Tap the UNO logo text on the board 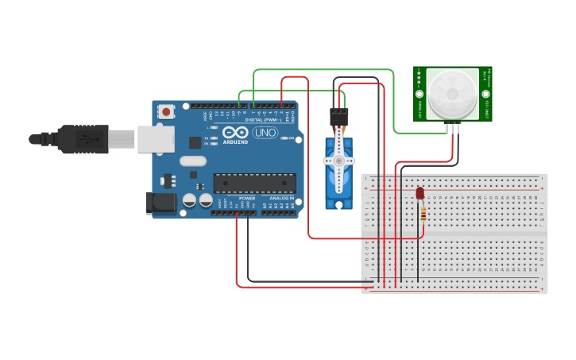(265, 133)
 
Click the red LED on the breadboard (420, 193)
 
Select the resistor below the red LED (423, 214)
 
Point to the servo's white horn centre (339, 160)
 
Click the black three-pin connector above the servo (339, 116)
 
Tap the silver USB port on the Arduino (155, 139)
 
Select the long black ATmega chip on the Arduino (254, 183)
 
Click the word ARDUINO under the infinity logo (235, 142)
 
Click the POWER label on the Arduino (247, 198)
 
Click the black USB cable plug (87, 139)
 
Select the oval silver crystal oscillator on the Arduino (192, 161)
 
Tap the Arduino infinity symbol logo (235, 133)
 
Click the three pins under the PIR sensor (452, 126)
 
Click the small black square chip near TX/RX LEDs (195, 142)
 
